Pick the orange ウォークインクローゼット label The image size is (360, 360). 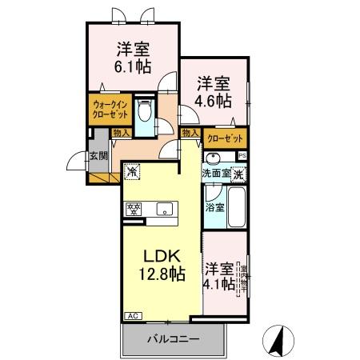pyautogui.click(x=109, y=109)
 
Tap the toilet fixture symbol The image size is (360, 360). pyautogui.click(x=144, y=114)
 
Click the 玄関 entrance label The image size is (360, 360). pyautogui.click(x=98, y=155)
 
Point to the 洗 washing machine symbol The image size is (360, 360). pyautogui.click(x=238, y=174)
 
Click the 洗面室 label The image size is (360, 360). pyautogui.click(x=215, y=174)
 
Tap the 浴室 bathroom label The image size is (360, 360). pyautogui.click(x=214, y=207)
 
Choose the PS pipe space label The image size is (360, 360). pyautogui.click(x=242, y=155)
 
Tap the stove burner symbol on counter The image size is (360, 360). pyautogui.click(x=133, y=210)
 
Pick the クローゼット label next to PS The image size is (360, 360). pyautogui.click(x=225, y=138)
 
